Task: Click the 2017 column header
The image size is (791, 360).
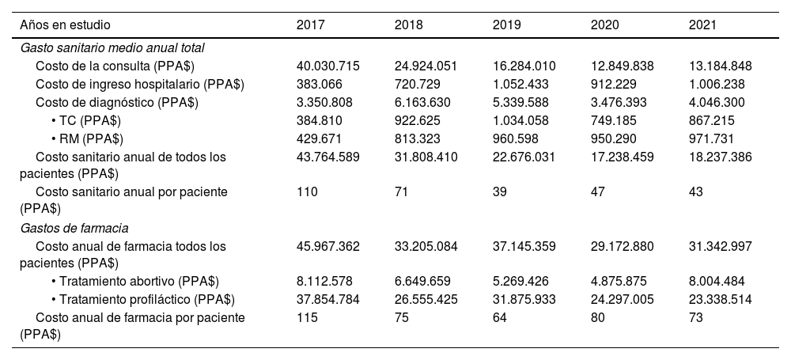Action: click(x=310, y=25)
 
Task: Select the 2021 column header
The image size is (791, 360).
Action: click(x=702, y=25)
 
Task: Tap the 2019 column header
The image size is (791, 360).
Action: click(x=506, y=25)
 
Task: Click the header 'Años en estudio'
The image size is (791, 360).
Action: click(x=66, y=25)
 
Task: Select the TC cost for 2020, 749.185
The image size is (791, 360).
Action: click(x=615, y=120)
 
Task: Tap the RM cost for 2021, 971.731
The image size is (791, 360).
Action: click(x=713, y=138)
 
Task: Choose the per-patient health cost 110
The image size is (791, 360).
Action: click(x=306, y=192)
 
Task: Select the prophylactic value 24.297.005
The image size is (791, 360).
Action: click(x=624, y=300)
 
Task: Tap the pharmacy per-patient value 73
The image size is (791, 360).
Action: click(x=696, y=318)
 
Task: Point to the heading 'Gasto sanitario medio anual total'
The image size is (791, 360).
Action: click(x=112, y=47)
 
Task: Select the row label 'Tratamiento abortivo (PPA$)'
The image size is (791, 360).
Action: click(x=134, y=282)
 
